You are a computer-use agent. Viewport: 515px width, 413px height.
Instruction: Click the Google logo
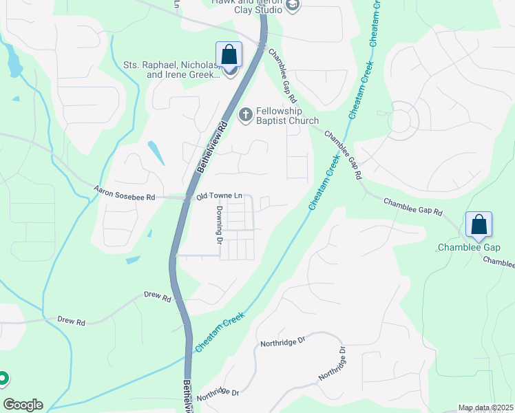coord(23,405)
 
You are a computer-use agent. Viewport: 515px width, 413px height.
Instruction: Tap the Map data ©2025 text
coord(485,408)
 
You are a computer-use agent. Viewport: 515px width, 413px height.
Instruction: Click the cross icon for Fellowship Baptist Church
coord(244,114)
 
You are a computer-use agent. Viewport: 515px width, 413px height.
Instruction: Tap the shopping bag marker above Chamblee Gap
coord(479,224)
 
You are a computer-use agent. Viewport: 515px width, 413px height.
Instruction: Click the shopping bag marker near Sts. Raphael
coord(229,55)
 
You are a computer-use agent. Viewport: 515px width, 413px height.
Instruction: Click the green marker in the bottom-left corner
coord(3,378)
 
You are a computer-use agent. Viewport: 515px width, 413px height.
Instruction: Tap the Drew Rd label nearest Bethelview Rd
coord(157,297)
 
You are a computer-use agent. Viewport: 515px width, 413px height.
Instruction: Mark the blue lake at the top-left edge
coord(13,63)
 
